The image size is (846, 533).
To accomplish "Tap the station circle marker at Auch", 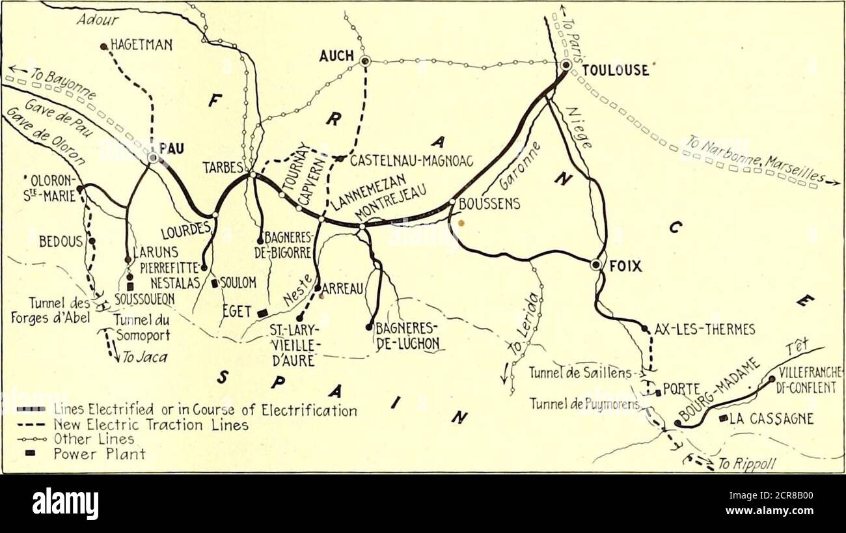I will coord(365,61).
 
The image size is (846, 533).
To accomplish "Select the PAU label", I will coord(172,148).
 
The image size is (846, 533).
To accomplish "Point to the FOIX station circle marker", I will coord(595,264).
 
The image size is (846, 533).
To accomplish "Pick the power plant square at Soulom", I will coord(214,283).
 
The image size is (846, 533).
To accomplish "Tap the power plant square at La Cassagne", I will coord(722,418).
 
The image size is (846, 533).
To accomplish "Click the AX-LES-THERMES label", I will coord(704,329).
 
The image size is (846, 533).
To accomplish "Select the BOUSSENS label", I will coord(489,204).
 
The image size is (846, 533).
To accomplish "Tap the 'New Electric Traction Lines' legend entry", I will coord(150,425).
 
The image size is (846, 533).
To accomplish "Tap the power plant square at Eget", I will coord(262,313).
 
